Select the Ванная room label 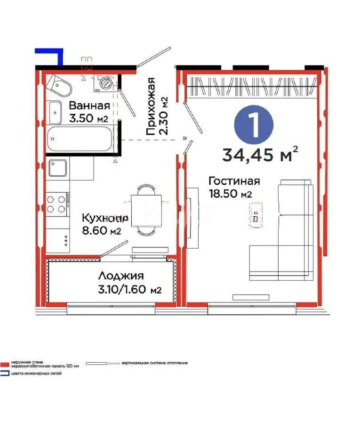[89, 106]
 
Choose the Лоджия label [121, 276]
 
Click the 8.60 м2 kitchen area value [102, 231]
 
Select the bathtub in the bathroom [80, 139]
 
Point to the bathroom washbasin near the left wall [56, 112]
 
